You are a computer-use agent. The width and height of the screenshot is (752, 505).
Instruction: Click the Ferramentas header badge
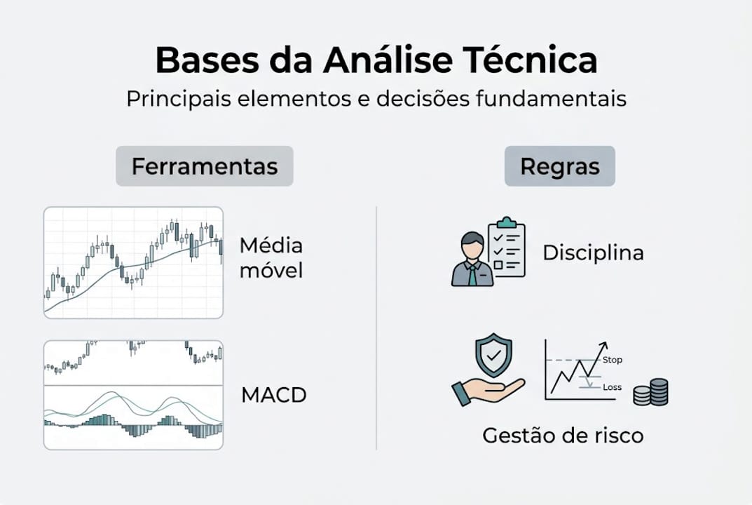point(204,166)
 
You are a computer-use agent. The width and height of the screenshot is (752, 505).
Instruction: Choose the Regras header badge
point(559,166)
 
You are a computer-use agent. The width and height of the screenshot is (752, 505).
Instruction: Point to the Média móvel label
point(271,257)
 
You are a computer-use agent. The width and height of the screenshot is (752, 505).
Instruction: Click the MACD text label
point(274,395)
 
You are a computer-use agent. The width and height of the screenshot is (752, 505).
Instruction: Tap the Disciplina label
point(593,252)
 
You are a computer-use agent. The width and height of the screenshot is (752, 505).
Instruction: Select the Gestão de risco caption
point(563,436)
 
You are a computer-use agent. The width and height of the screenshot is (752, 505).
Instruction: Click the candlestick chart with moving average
point(133,262)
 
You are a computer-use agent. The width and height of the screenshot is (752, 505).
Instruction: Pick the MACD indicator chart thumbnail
point(133,395)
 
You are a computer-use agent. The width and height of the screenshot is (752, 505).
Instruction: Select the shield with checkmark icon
point(493,356)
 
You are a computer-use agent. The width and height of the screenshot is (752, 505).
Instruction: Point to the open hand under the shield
point(488,389)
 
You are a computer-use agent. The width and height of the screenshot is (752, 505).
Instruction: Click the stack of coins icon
point(651,392)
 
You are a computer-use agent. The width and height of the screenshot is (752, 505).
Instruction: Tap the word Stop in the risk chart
point(612,361)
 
